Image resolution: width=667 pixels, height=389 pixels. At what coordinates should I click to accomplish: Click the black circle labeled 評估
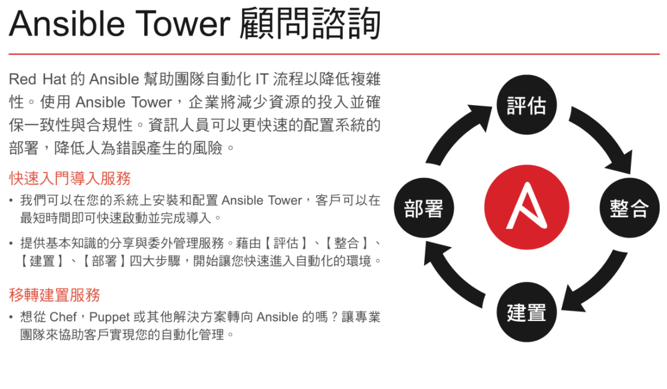coord(526,105)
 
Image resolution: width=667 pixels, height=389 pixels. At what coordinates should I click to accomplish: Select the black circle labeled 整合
coord(630,207)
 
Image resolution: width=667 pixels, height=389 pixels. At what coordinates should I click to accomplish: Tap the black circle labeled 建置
coord(526,312)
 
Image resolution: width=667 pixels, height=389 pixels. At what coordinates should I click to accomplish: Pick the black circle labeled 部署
coord(424,208)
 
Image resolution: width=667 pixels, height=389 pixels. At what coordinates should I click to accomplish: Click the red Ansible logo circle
coord(526,207)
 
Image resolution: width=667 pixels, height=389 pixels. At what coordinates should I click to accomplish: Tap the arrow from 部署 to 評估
coord(455,132)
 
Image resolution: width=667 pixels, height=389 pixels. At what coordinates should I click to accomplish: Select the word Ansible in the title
coord(66,23)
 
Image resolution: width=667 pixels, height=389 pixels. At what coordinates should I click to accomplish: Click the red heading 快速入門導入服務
coord(70,179)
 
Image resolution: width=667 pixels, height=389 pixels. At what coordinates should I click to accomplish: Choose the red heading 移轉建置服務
coord(55,295)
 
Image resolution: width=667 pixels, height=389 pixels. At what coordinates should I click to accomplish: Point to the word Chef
coord(63,317)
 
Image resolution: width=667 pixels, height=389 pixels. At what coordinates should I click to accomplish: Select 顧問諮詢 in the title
coord(309,23)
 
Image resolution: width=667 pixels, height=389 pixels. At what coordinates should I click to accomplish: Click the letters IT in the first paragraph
coord(261,79)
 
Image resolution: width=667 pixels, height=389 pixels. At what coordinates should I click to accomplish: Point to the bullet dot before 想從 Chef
coord(11,317)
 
